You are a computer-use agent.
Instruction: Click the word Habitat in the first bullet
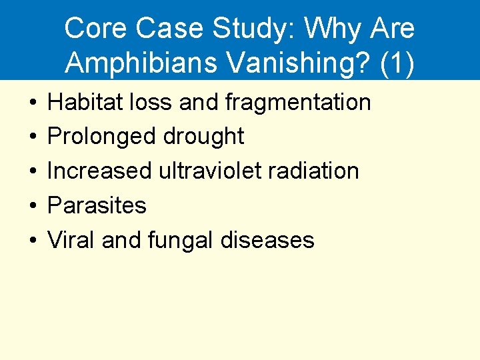pos(81,102)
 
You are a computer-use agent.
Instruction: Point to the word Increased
pos(99,171)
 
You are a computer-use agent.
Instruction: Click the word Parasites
pos(97,205)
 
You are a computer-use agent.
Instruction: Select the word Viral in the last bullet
pos(71,239)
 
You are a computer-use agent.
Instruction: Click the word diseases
pos(273,239)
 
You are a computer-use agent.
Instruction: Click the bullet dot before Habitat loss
pos(31,103)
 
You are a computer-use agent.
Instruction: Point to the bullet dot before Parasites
pos(31,206)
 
